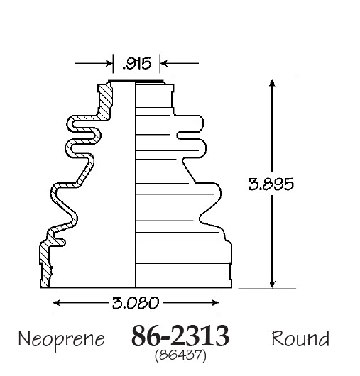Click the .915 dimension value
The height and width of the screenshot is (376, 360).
[137, 64]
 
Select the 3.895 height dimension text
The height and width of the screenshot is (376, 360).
[271, 184]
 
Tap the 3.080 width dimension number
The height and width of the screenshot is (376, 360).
[136, 303]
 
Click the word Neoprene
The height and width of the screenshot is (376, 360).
[62, 339]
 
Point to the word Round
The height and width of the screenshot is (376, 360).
[300, 338]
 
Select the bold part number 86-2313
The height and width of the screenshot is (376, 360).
[180, 336]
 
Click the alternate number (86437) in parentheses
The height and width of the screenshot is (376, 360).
[180, 355]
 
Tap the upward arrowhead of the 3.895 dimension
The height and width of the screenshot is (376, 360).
[272, 83]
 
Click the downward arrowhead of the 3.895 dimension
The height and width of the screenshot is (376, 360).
[272, 284]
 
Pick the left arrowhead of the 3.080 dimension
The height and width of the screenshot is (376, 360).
[56, 303]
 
